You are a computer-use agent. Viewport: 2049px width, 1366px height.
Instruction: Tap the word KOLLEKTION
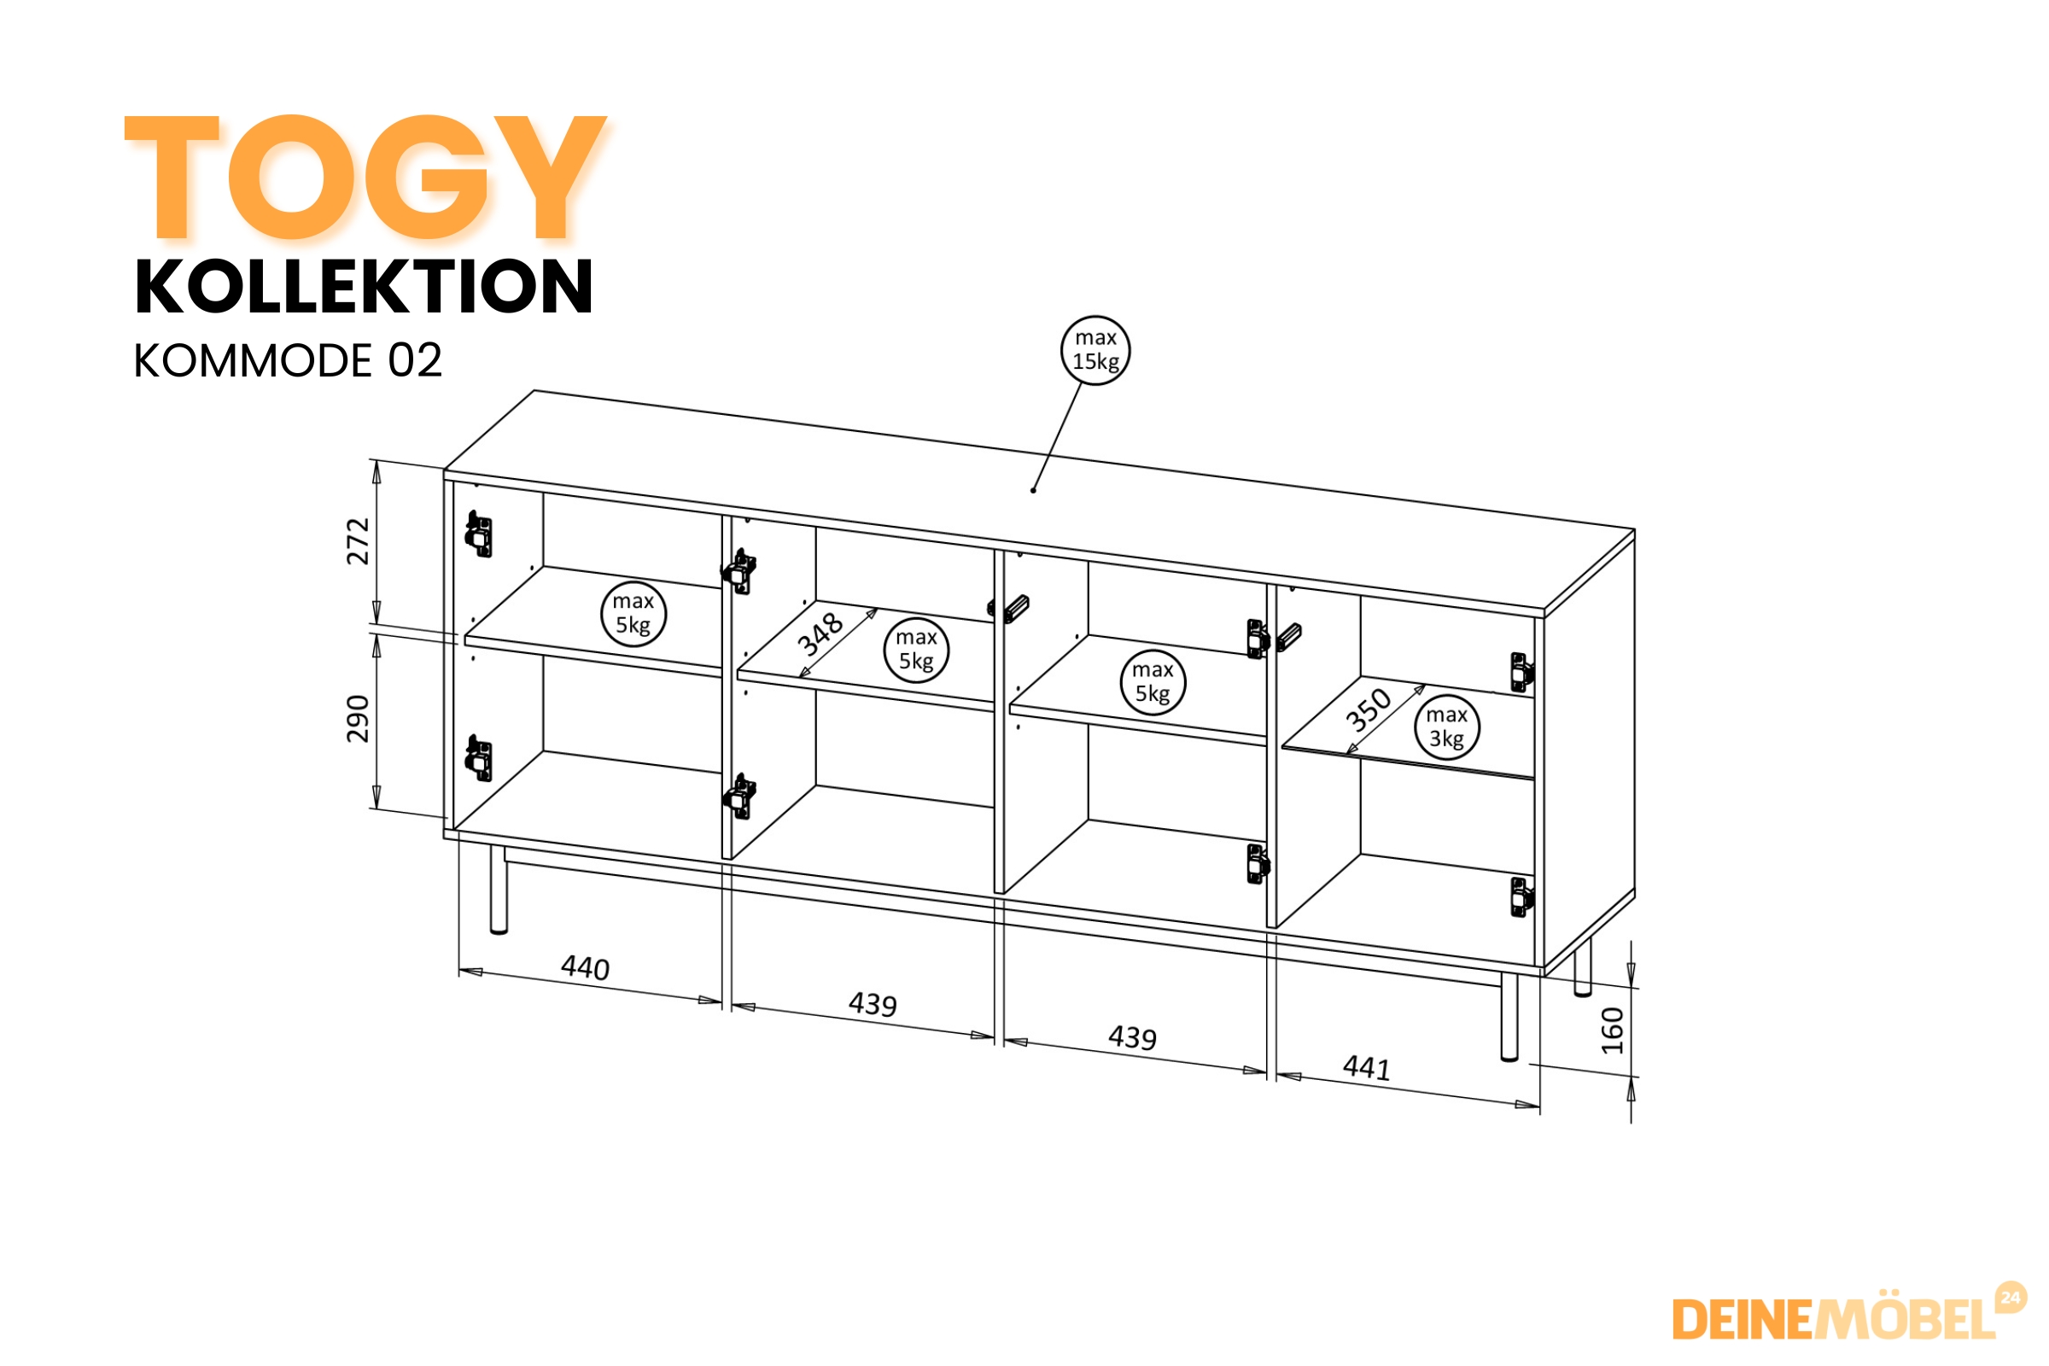[x=365, y=287]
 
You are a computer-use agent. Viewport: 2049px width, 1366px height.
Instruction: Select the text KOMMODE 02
[x=288, y=359]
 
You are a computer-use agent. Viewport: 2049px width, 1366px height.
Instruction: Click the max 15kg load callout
[x=1095, y=350]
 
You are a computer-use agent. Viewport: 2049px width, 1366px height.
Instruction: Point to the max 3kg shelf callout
[x=1446, y=727]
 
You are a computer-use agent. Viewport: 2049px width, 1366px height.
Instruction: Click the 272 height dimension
[x=358, y=541]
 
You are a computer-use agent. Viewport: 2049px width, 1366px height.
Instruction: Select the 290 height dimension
[x=358, y=719]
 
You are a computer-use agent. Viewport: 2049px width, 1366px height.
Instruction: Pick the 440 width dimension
[x=586, y=967]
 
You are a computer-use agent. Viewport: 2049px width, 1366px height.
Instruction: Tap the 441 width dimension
[x=1367, y=1067]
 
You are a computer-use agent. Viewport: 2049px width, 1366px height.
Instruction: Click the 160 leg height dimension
[x=1613, y=1030]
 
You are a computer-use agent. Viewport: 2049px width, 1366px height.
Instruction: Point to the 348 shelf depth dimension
[x=820, y=634]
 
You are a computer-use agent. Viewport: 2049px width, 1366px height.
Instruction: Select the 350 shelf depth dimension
[x=1369, y=709]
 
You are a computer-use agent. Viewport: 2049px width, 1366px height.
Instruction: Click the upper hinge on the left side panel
[x=478, y=533]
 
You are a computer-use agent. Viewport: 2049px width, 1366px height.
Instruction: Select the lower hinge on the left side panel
[x=478, y=758]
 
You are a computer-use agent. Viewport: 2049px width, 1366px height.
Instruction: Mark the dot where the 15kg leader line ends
[x=1033, y=490]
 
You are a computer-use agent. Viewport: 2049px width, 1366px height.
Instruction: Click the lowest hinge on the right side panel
[x=1521, y=897]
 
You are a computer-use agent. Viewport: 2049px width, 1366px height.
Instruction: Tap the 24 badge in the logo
[x=2011, y=1298]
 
